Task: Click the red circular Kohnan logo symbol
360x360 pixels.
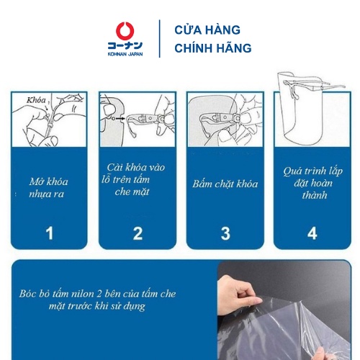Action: (125, 31)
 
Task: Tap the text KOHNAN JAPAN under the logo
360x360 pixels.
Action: (125, 54)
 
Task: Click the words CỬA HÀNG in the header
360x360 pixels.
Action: (207, 30)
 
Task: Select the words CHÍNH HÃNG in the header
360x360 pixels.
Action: (213, 48)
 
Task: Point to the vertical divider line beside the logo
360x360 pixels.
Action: (160, 39)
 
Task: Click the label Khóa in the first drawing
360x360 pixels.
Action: (36, 100)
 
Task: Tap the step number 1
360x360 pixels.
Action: (50, 233)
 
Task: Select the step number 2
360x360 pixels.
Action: (138, 233)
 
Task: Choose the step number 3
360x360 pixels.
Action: (225, 233)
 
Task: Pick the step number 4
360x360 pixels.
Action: (312, 233)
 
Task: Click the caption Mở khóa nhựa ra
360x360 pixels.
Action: (48, 188)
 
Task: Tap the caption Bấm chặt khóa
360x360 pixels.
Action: (225, 184)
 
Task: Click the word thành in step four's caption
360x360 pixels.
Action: (315, 195)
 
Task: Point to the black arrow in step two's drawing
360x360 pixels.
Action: (120, 118)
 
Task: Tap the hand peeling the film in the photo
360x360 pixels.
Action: (239, 295)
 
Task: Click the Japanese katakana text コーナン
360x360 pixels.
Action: (125, 45)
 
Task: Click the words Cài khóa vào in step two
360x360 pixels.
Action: (136, 167)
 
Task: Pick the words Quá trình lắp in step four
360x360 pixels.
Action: (312, 171)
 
